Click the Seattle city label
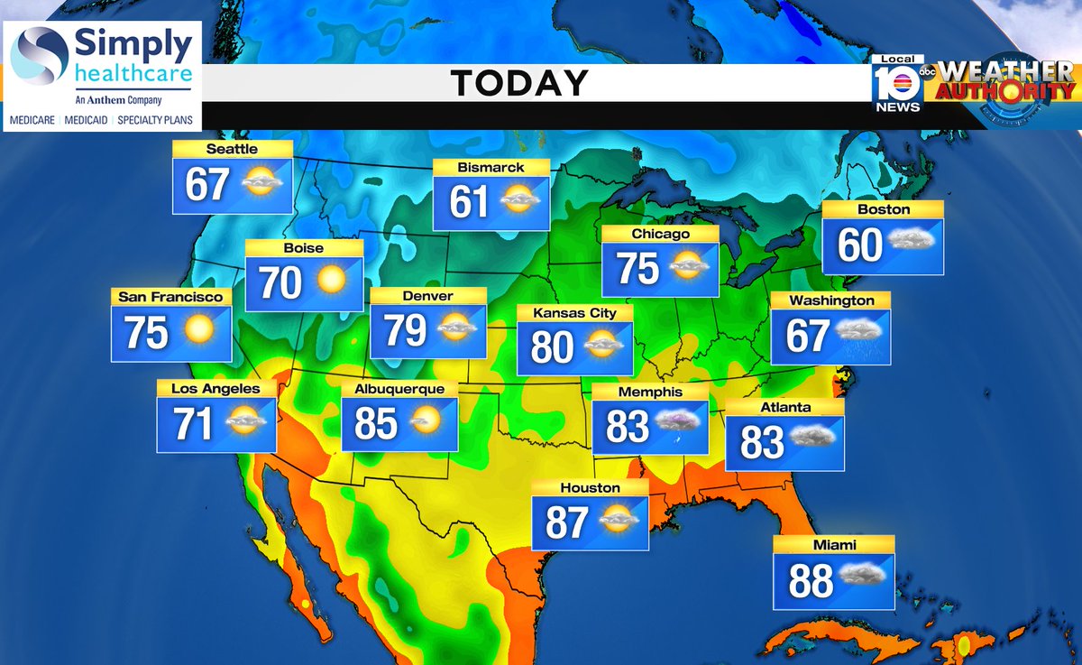click(232, 149)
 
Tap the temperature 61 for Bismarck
click(469, 202)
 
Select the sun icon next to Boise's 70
click(331, 281)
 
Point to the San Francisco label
click(170, 296)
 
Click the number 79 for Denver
click(406, 330)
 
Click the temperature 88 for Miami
click(811, 582)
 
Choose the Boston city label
click(885, 209)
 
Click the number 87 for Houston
click(566, 523)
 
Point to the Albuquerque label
click(399, 389)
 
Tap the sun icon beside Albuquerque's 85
click(425, 420)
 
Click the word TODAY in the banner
click(519, 83)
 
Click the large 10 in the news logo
click(896, 84)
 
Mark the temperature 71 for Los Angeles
click(193, 424)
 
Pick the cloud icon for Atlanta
click(812, 438)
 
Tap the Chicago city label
click(660, 234)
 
